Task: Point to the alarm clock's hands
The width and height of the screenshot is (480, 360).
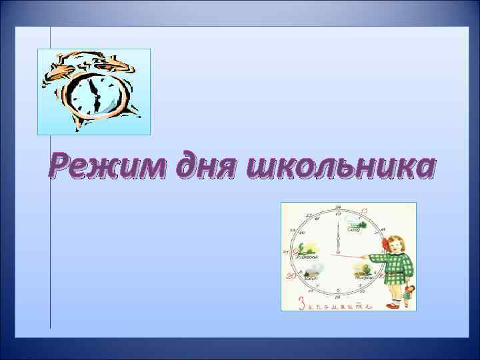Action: tap(95, 93)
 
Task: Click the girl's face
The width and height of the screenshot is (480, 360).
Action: tap(394, 245)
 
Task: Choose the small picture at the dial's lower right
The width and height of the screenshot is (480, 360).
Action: tap(363, 270)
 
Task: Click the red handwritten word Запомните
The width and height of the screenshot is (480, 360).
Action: tap(333, 303)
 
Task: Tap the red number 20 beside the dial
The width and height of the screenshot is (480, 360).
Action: tap(290, 275)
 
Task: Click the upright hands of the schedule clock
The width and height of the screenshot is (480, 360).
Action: tap(339, 237)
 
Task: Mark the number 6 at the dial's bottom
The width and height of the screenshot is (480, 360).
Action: tap(338, 295)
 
